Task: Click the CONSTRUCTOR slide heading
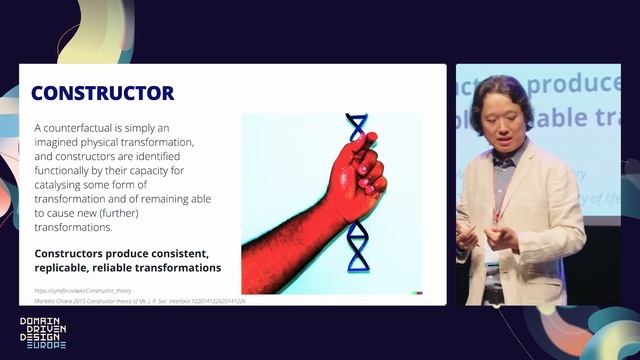pos(102,93)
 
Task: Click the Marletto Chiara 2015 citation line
pos(140,300)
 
